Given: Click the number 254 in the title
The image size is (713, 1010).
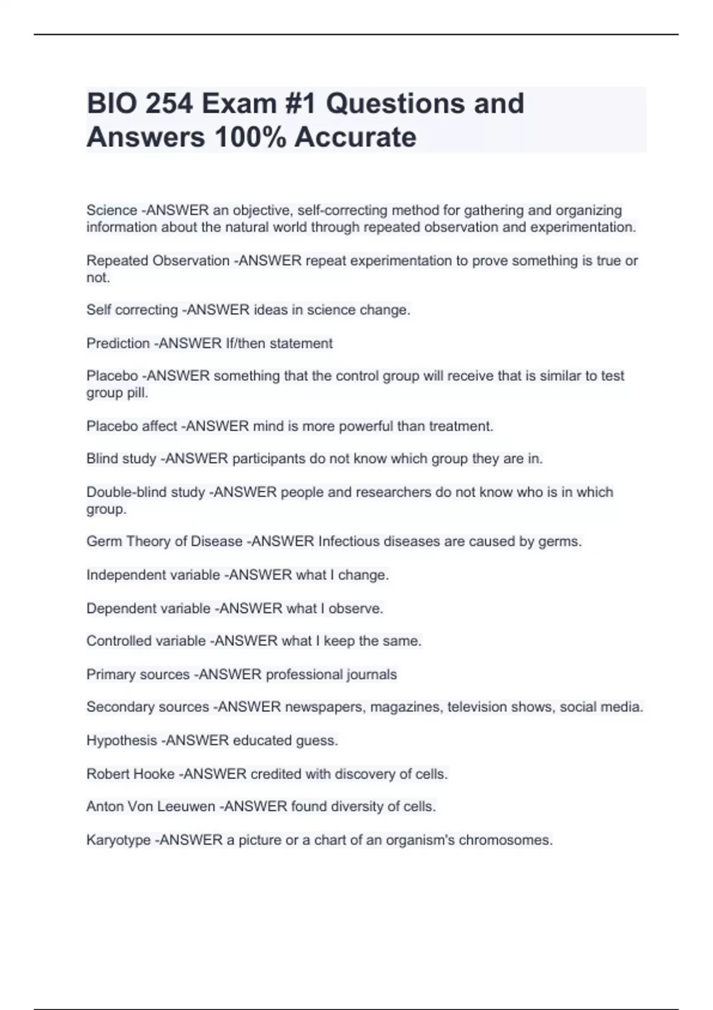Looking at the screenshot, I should tap(169, 103).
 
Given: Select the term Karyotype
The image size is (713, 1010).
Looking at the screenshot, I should tap(118, 840).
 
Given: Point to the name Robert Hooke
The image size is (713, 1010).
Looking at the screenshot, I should tap(130, 774).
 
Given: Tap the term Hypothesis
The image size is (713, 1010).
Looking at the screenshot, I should tap(122, 740).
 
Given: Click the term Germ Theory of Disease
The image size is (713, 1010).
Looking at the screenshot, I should tap(164, 541).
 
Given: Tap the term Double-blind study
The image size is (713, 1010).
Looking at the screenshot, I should tap(146, 492).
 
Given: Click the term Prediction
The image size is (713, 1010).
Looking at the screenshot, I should tap(118, 343).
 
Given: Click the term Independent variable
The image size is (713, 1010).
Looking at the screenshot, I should tap(153, 575).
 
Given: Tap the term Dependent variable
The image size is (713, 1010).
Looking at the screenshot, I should tap(148, 608).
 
